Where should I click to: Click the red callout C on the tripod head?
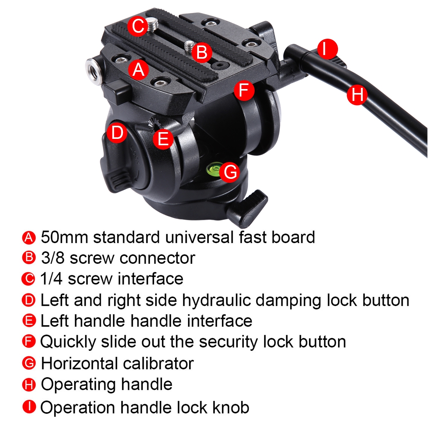tap(138, 26)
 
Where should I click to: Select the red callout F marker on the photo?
tap(244, 90)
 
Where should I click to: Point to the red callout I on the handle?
tap(328, 49)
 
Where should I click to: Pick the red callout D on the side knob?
tap(117, 132)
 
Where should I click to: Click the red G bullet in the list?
tap(29, 363)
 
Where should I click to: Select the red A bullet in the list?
tap(29, 238)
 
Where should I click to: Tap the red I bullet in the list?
tap(29, 407)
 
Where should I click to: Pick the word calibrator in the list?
tap(158, 364)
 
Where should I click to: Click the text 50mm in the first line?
tap(65, 237)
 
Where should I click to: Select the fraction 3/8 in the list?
tap(53, 258)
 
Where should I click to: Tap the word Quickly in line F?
tap(68, 342)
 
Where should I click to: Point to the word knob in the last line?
tap(231, 407)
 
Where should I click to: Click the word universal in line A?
tap(199, 237)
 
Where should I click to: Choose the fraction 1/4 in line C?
tap(51, 279)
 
